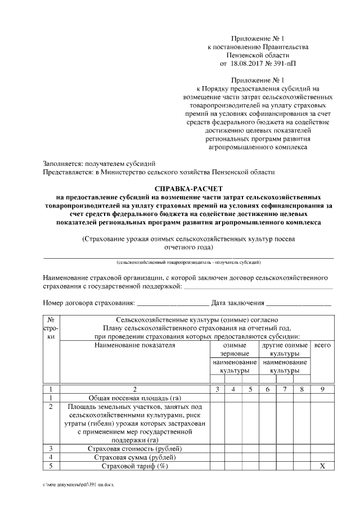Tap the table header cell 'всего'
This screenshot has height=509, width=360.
click(322, 345)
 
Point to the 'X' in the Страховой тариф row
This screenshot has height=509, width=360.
click(322, 466)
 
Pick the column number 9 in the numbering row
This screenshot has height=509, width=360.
click(322, 389)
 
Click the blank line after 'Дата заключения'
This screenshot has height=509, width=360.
click(299, 304)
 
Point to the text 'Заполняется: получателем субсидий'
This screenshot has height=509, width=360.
click(96, 163)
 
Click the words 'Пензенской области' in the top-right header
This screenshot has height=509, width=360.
click(258, 56)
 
